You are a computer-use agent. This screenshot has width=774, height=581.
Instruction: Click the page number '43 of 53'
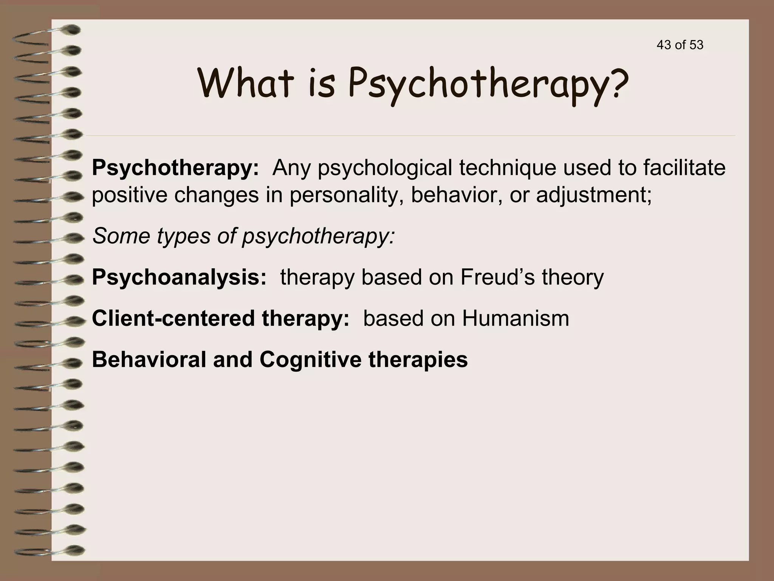click(x=680, y=45)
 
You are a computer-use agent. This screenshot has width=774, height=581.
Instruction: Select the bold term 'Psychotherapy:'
click(x=175, y=168)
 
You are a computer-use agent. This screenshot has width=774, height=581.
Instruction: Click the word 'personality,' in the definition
click(x=346, y=195)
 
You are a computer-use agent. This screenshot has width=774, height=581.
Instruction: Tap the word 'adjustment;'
click(x=594, y=195)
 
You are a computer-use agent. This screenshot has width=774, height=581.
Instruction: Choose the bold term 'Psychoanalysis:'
click(x=179, y=277)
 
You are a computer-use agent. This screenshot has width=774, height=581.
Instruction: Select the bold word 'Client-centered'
click(x=173, y=318)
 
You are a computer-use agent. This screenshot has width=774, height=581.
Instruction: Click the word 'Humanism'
click(x=515, y=318)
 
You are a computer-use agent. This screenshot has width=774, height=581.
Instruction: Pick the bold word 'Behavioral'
click(x=149, y=359)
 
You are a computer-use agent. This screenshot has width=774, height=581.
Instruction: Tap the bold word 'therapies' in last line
click(x=418, y=359)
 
